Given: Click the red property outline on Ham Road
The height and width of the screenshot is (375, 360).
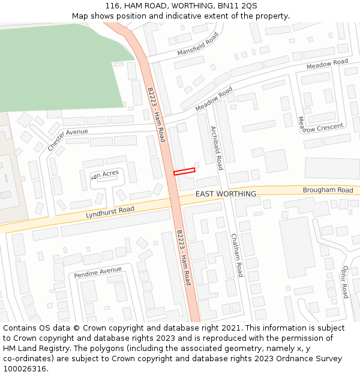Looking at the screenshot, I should [184, 172].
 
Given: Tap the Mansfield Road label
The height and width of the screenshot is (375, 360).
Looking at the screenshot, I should [198, 44].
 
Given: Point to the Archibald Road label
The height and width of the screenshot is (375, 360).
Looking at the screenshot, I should [216, 148].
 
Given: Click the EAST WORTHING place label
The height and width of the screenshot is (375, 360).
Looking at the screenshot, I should [226, 194].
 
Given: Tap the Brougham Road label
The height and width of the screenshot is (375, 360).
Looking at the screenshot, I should [328, 190].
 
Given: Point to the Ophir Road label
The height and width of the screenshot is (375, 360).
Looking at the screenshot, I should [345, 282].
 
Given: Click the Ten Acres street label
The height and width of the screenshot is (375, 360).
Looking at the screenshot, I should [105, 175].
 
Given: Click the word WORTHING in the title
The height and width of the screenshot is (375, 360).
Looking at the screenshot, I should [178, 5].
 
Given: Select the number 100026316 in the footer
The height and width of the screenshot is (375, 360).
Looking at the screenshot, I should [25, 368].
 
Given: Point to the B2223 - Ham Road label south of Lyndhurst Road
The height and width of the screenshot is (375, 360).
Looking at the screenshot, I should [184, 257].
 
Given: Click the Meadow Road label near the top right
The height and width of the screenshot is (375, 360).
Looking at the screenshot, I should [327, 63].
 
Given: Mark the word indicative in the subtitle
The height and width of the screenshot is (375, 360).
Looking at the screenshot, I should [186, 16].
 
